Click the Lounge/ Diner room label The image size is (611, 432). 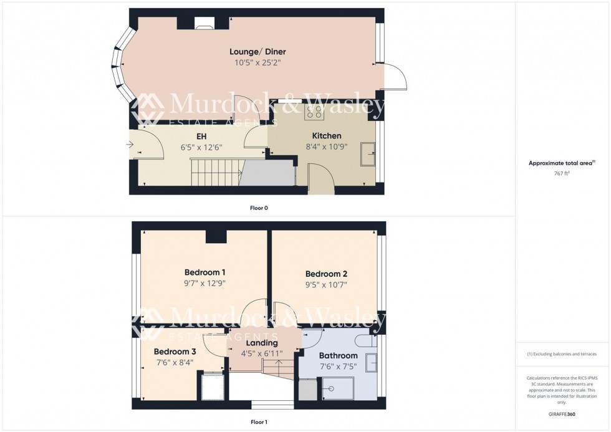click(257, 52)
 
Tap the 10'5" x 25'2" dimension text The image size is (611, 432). click(257, 62)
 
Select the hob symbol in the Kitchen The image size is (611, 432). click(314, 112)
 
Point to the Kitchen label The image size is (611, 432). click(327, 136)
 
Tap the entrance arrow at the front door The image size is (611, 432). click(130, 145)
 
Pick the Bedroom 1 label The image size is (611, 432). click(204, 272)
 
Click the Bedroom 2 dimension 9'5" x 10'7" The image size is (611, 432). click(326, 284)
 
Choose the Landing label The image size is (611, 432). click(262, 343)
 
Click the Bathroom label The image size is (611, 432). click(339, 356)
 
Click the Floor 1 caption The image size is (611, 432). click(258, 422)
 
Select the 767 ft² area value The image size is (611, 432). click(562, 174)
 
